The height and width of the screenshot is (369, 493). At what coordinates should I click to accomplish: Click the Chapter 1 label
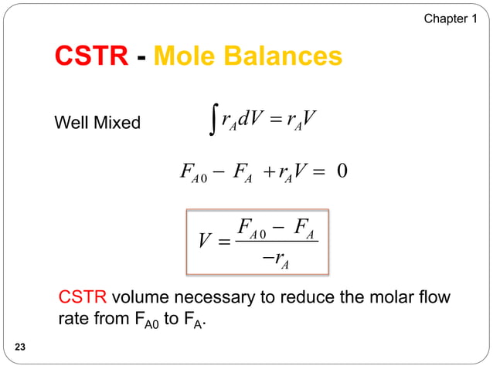pyautogui.click(x=450, y=18)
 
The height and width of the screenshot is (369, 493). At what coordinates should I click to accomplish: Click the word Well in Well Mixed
pyautogui.click(x=70, y=123)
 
